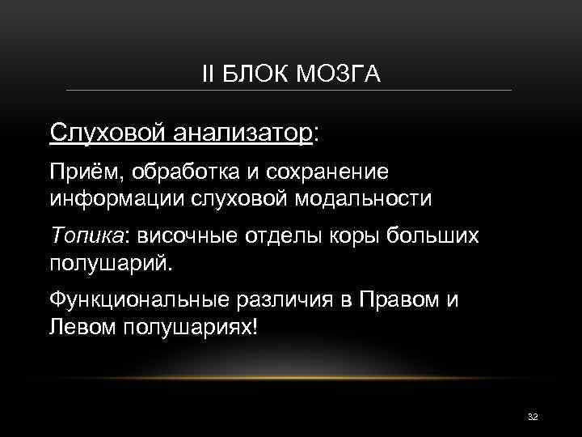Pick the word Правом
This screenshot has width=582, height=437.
pos(389,299)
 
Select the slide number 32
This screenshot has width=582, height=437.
pos(532,415)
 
